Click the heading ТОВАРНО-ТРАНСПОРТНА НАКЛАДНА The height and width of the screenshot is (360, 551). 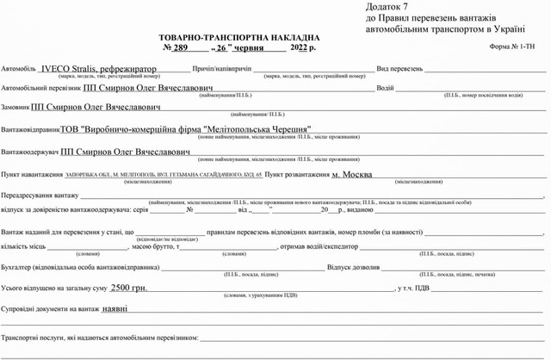[238, 38]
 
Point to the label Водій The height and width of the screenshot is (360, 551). [385, 89]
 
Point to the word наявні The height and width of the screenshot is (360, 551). [115, 308]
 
